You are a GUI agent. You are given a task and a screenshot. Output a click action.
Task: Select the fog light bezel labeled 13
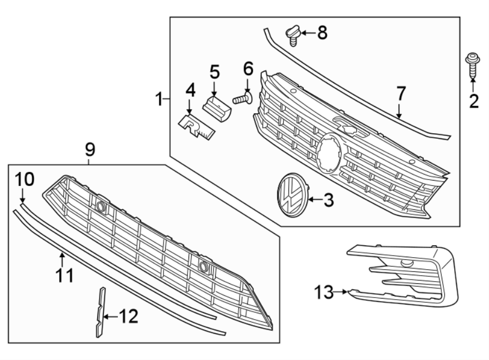coord(405,277)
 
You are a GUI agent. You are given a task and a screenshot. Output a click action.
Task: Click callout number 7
coord(400,93)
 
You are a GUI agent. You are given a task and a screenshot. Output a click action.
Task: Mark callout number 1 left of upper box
coord(159,99)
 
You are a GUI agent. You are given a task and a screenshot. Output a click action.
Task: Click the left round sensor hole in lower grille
coord(101,206)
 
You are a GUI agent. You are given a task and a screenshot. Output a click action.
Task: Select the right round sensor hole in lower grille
coord(204,266)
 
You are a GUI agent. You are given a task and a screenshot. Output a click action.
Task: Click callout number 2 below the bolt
coord(473,101)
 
